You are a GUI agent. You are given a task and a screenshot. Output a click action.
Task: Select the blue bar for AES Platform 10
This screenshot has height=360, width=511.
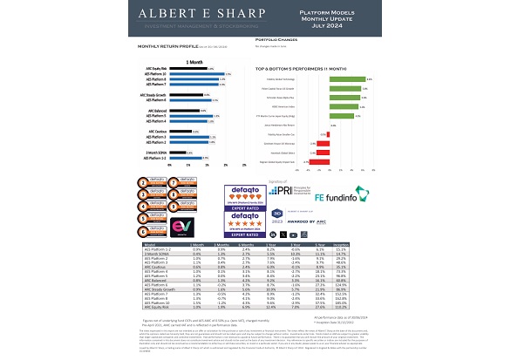click(x=197, y=73)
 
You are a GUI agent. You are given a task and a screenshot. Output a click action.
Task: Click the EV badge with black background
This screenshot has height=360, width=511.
click(x=182, y=227)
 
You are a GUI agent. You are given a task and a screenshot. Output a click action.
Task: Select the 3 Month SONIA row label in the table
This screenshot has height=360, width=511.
click(x=158, y=255)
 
